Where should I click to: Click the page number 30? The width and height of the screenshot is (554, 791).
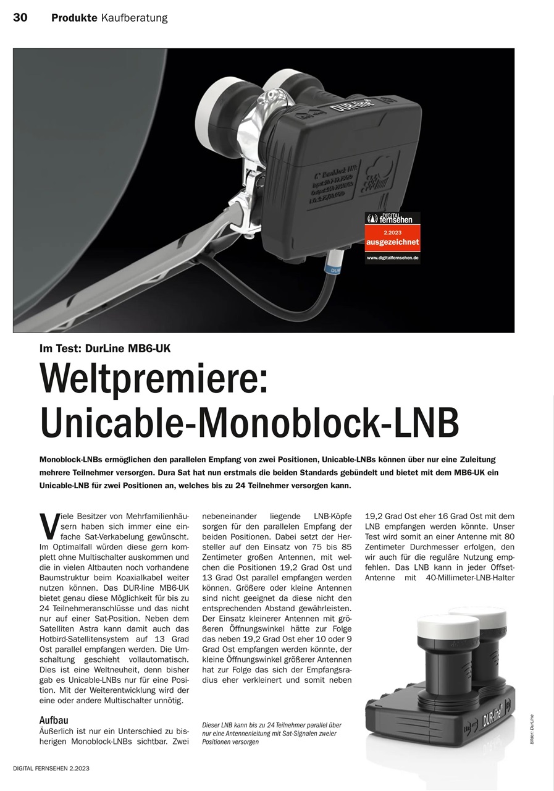pos(20,17)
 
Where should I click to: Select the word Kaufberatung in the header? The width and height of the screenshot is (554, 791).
pos(134,18)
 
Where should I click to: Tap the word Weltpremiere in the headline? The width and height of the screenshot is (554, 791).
pos(154,379)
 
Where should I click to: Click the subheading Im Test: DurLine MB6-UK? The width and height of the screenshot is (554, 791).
pos(105,348)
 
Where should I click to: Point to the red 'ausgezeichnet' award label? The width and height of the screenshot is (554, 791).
pos(392,242)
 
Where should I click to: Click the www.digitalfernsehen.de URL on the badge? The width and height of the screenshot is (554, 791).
pos(392,256)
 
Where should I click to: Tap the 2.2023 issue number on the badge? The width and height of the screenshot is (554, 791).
pos(392,232)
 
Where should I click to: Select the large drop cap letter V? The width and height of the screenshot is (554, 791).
pos(48,525)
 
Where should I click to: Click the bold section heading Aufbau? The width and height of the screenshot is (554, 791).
pos(54,720)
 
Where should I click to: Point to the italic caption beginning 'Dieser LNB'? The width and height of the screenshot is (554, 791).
pos(272,734)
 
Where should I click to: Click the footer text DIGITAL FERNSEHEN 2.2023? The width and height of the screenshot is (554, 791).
pos(51,768)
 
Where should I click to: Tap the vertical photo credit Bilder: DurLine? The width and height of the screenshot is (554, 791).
pos(532,729)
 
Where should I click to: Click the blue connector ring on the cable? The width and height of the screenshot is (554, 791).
pos(334,269)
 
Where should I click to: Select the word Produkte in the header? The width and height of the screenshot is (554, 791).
pos(74,18)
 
